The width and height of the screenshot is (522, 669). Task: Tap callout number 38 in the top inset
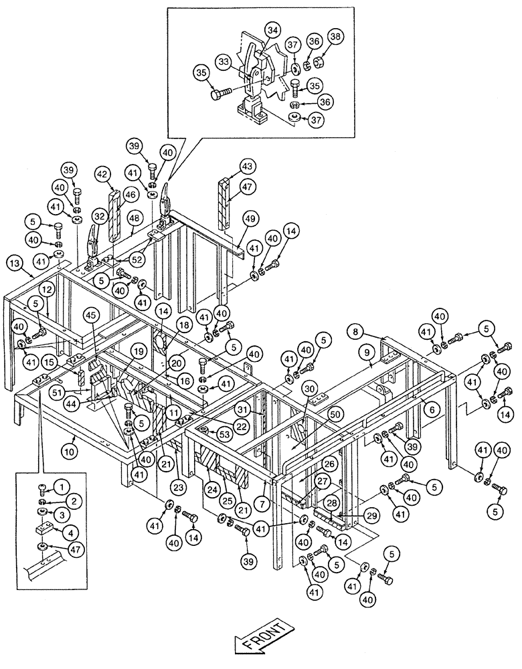(335, 39)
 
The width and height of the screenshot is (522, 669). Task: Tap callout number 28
(331, 502)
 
